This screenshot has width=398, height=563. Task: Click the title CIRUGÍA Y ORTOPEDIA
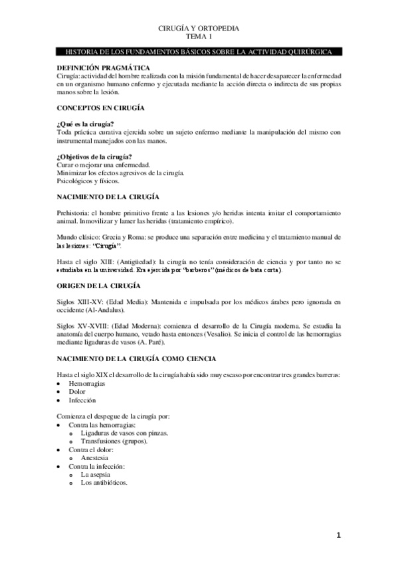tap(199, 29)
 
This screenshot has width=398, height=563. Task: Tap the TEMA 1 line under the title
tap(199, 38)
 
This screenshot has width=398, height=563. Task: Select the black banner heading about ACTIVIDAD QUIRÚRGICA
tap(199, 52)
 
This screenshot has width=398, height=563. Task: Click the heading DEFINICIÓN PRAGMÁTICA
tap(102, 68)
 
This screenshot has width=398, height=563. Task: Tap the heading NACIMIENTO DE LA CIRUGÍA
tap(108, 197)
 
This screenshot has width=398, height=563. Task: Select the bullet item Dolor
tap(78, 392)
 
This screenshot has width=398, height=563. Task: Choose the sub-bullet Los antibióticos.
tap(104, 483)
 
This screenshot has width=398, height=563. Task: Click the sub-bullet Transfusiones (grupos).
tap(114, 441)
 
